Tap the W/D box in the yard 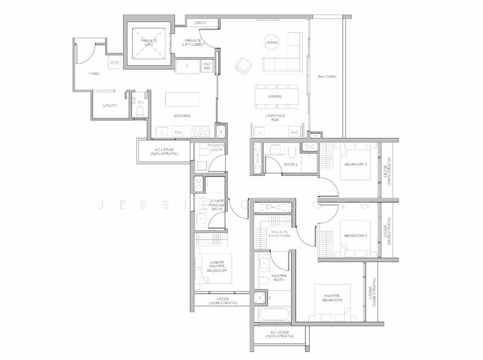[x=114, y=62]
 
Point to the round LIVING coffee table [x=271, y=43]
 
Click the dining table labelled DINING [x=275, y=95]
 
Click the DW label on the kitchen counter [x=178, y=132]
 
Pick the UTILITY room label [x=109, y=106]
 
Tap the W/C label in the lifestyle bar [x=294, y=132]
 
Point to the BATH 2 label [x=292, y=164]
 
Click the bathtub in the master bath [x=273, y=315]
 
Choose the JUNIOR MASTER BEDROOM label [x=214, y=266]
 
